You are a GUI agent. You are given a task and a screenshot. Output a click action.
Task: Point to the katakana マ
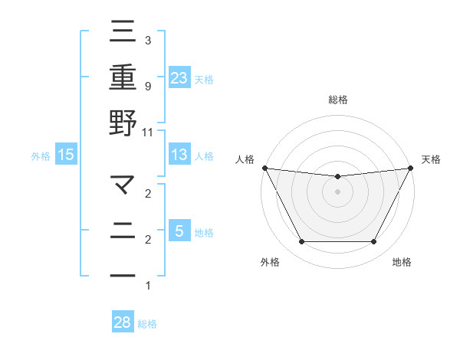[x=123, y=185]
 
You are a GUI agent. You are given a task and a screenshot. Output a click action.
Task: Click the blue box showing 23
[x=179, y=77]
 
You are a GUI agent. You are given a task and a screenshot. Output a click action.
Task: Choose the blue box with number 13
[x=179, y=155]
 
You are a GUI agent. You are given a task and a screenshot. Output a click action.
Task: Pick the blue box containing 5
[x=179, y=231]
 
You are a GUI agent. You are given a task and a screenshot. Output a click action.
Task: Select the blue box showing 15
[x=66, y=155]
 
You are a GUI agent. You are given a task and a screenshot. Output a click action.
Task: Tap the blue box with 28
[x=123, y=322]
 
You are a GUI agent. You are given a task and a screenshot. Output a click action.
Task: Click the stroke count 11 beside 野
[x=148, y=132]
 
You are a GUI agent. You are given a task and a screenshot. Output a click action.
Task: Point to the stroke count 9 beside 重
[x=148, y=86]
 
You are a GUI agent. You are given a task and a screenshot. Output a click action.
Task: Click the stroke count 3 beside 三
[x=148, y=40]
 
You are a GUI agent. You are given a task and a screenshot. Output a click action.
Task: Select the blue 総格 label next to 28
[x=147, y=324]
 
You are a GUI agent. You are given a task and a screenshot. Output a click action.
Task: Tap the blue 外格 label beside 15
[x=41, y=156]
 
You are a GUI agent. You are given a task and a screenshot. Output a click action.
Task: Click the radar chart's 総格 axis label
[x=337, y=100]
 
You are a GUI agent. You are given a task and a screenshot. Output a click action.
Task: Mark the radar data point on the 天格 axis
[x=412, y=168]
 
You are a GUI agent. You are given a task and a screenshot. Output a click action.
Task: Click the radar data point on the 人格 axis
[x=264, y=168]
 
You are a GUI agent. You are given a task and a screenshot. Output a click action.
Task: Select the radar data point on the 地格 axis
[x=374, y=242]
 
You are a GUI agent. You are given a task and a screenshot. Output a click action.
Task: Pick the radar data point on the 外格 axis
[x=301, y=242]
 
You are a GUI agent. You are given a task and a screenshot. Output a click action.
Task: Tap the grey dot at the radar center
[x=337, y=191]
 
